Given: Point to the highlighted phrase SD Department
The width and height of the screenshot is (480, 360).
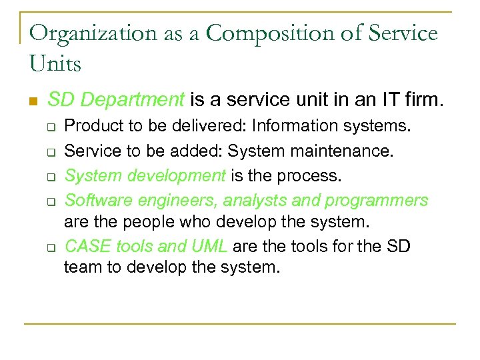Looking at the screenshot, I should [116, 101].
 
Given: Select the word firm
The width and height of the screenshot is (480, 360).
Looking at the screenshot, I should [422, 101].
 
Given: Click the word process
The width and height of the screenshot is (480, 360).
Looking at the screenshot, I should [313, 176].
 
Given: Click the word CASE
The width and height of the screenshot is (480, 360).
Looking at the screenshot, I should [87, 246].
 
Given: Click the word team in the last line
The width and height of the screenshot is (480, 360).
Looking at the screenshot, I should [80, 267].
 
